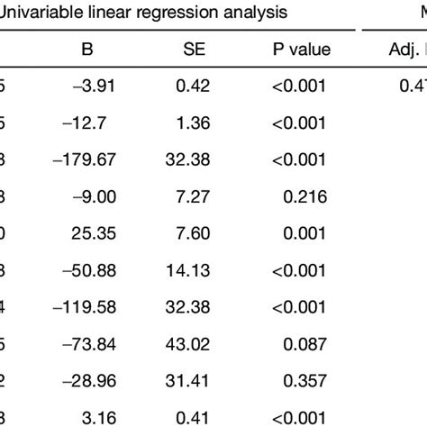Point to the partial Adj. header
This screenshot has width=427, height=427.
click(x=402, y=52)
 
